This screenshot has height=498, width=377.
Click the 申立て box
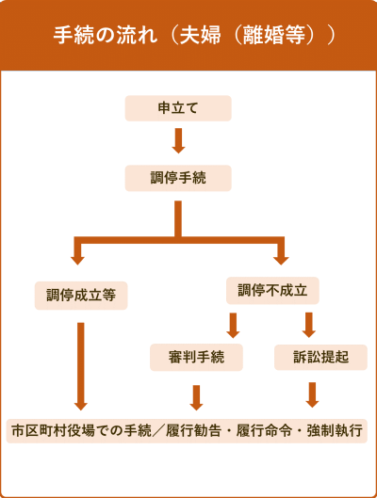coord(178,108)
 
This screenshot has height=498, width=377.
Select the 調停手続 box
coord(178,178)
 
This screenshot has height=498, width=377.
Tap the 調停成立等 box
coord(81,296)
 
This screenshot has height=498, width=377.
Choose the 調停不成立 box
coord(272,291)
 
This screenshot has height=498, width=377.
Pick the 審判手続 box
coord(196,358)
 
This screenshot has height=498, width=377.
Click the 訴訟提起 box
coord(320,358)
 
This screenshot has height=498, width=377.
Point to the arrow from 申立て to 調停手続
coord(178,140)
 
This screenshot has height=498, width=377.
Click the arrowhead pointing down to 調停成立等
coord(77,260)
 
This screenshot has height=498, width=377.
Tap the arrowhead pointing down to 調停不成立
coord(281,260)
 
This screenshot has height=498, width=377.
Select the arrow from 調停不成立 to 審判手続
coord(233,326)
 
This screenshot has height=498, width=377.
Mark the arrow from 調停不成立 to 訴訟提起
coord(308,325)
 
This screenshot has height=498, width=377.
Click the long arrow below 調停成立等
coord(81,366)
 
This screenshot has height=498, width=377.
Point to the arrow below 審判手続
coord(196,397)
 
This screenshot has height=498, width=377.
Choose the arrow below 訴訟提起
coord(312,394)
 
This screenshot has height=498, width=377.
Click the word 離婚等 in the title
coord(273,35)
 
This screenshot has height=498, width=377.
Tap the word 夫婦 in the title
coord(200,35)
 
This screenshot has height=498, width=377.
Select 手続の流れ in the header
coord(106,35)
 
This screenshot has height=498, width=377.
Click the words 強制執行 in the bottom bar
coord(335,431)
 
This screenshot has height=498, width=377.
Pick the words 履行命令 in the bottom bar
coord(264,431)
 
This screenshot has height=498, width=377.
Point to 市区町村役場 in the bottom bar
coord(53,431)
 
